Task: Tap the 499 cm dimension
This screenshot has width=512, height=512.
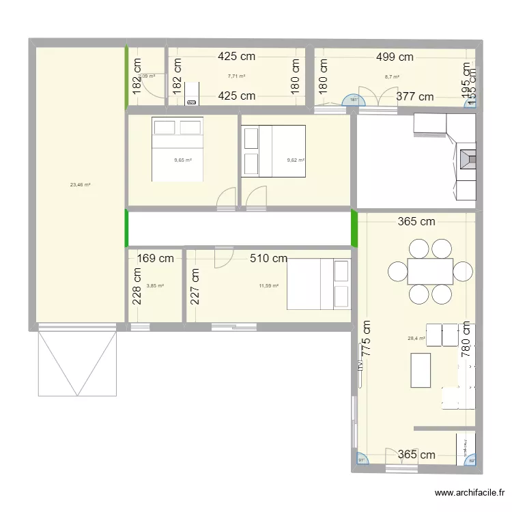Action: (395, 58)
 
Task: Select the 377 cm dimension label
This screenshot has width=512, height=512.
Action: (415, 97)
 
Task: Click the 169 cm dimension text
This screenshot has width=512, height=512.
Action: (156, 258)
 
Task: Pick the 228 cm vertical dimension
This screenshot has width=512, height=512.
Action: (137, 285)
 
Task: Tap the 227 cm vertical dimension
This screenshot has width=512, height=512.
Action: (195, 285)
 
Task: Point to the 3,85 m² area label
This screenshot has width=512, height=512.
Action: (155, 286)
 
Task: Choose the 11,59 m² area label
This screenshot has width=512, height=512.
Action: (269, 285)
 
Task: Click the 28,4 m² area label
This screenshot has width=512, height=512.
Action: (416, 338)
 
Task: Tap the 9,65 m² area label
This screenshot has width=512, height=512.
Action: (182, 160)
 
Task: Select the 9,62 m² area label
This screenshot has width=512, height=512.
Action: (296, 160)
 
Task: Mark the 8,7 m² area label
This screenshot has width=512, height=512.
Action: (392, 77)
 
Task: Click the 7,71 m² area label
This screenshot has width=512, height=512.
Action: (236, 76)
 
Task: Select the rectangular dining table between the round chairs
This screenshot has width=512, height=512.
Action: (430, 271)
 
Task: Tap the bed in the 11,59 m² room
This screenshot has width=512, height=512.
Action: (318, 284)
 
